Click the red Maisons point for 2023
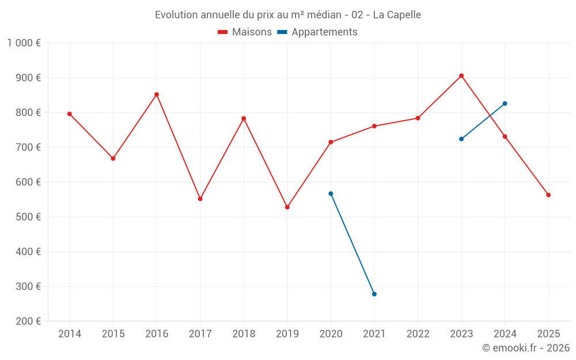click(461, 75)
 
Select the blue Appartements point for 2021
click(374, 294)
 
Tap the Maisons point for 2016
click(157, 94)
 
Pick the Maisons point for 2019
click(287, 207)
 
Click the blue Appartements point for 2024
click(505, 104)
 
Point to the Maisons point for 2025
click(548, 195)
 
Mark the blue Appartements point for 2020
click(331, 194)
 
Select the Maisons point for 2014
click(70, 114)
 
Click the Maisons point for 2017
click(200, 199)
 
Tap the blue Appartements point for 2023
click(461, 139)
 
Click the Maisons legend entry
click(245, 32)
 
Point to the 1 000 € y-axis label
click(24, 43)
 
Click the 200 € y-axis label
click(27, 321)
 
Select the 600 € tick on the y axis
click(27, 182)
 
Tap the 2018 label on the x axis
click(244, 334)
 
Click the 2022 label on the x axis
click(418, 334)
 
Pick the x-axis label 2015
click(113, 334)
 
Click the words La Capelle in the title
click(397, 15)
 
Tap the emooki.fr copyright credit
click(525, 348)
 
